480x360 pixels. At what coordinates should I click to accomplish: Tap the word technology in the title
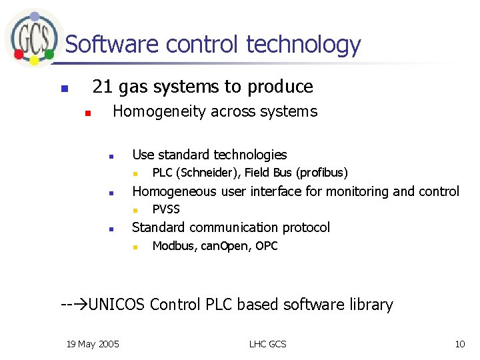(303, 45)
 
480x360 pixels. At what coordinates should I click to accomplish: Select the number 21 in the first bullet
(102, 87)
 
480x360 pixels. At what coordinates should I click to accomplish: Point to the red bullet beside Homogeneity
(86, 113)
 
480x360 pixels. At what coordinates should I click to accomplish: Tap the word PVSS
(166, 209)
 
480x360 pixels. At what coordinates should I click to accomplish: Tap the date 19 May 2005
(93, 344)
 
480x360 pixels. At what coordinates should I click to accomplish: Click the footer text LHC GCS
(267, 344)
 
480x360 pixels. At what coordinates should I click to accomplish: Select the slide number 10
(459, 344)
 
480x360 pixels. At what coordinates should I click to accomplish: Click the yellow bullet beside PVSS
(134, 210)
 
